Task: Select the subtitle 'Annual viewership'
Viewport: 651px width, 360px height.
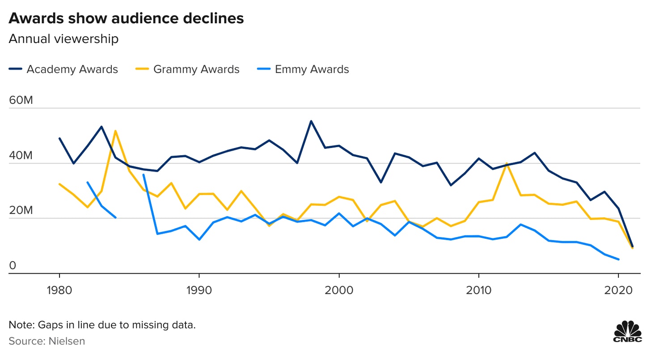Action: tap(63, 39)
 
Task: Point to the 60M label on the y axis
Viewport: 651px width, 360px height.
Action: tap(21, 100)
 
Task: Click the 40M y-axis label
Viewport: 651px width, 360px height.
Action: tap(21, 156)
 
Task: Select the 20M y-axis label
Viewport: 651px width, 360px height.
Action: tap(21, 211)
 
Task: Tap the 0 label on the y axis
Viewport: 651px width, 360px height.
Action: tap(13, 266)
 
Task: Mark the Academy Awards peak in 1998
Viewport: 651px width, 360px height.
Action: tap(311, 121)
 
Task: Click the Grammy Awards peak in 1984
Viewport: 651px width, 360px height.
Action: tap(115, 131)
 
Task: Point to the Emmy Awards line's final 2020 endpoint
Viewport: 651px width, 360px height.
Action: tap(618, 259)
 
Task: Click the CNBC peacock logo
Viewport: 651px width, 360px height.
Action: tap(627, 331)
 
